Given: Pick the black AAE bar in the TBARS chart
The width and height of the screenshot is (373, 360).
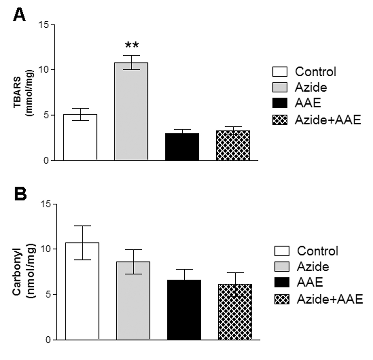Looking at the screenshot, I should click(182, 146).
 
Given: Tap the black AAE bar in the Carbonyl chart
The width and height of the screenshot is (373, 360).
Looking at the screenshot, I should click(184, 309).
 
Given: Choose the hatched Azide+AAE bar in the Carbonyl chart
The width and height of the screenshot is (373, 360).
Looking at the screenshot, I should click(235, 312).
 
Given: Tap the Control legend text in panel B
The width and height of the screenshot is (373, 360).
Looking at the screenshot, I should click(318, 251).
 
